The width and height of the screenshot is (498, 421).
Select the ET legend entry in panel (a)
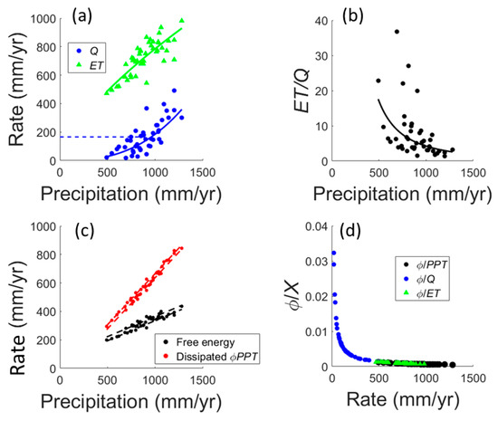[x=98, y=64]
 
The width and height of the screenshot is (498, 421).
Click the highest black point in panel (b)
[x=397, y=32]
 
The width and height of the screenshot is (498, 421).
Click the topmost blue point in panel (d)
[x=333, y=253]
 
